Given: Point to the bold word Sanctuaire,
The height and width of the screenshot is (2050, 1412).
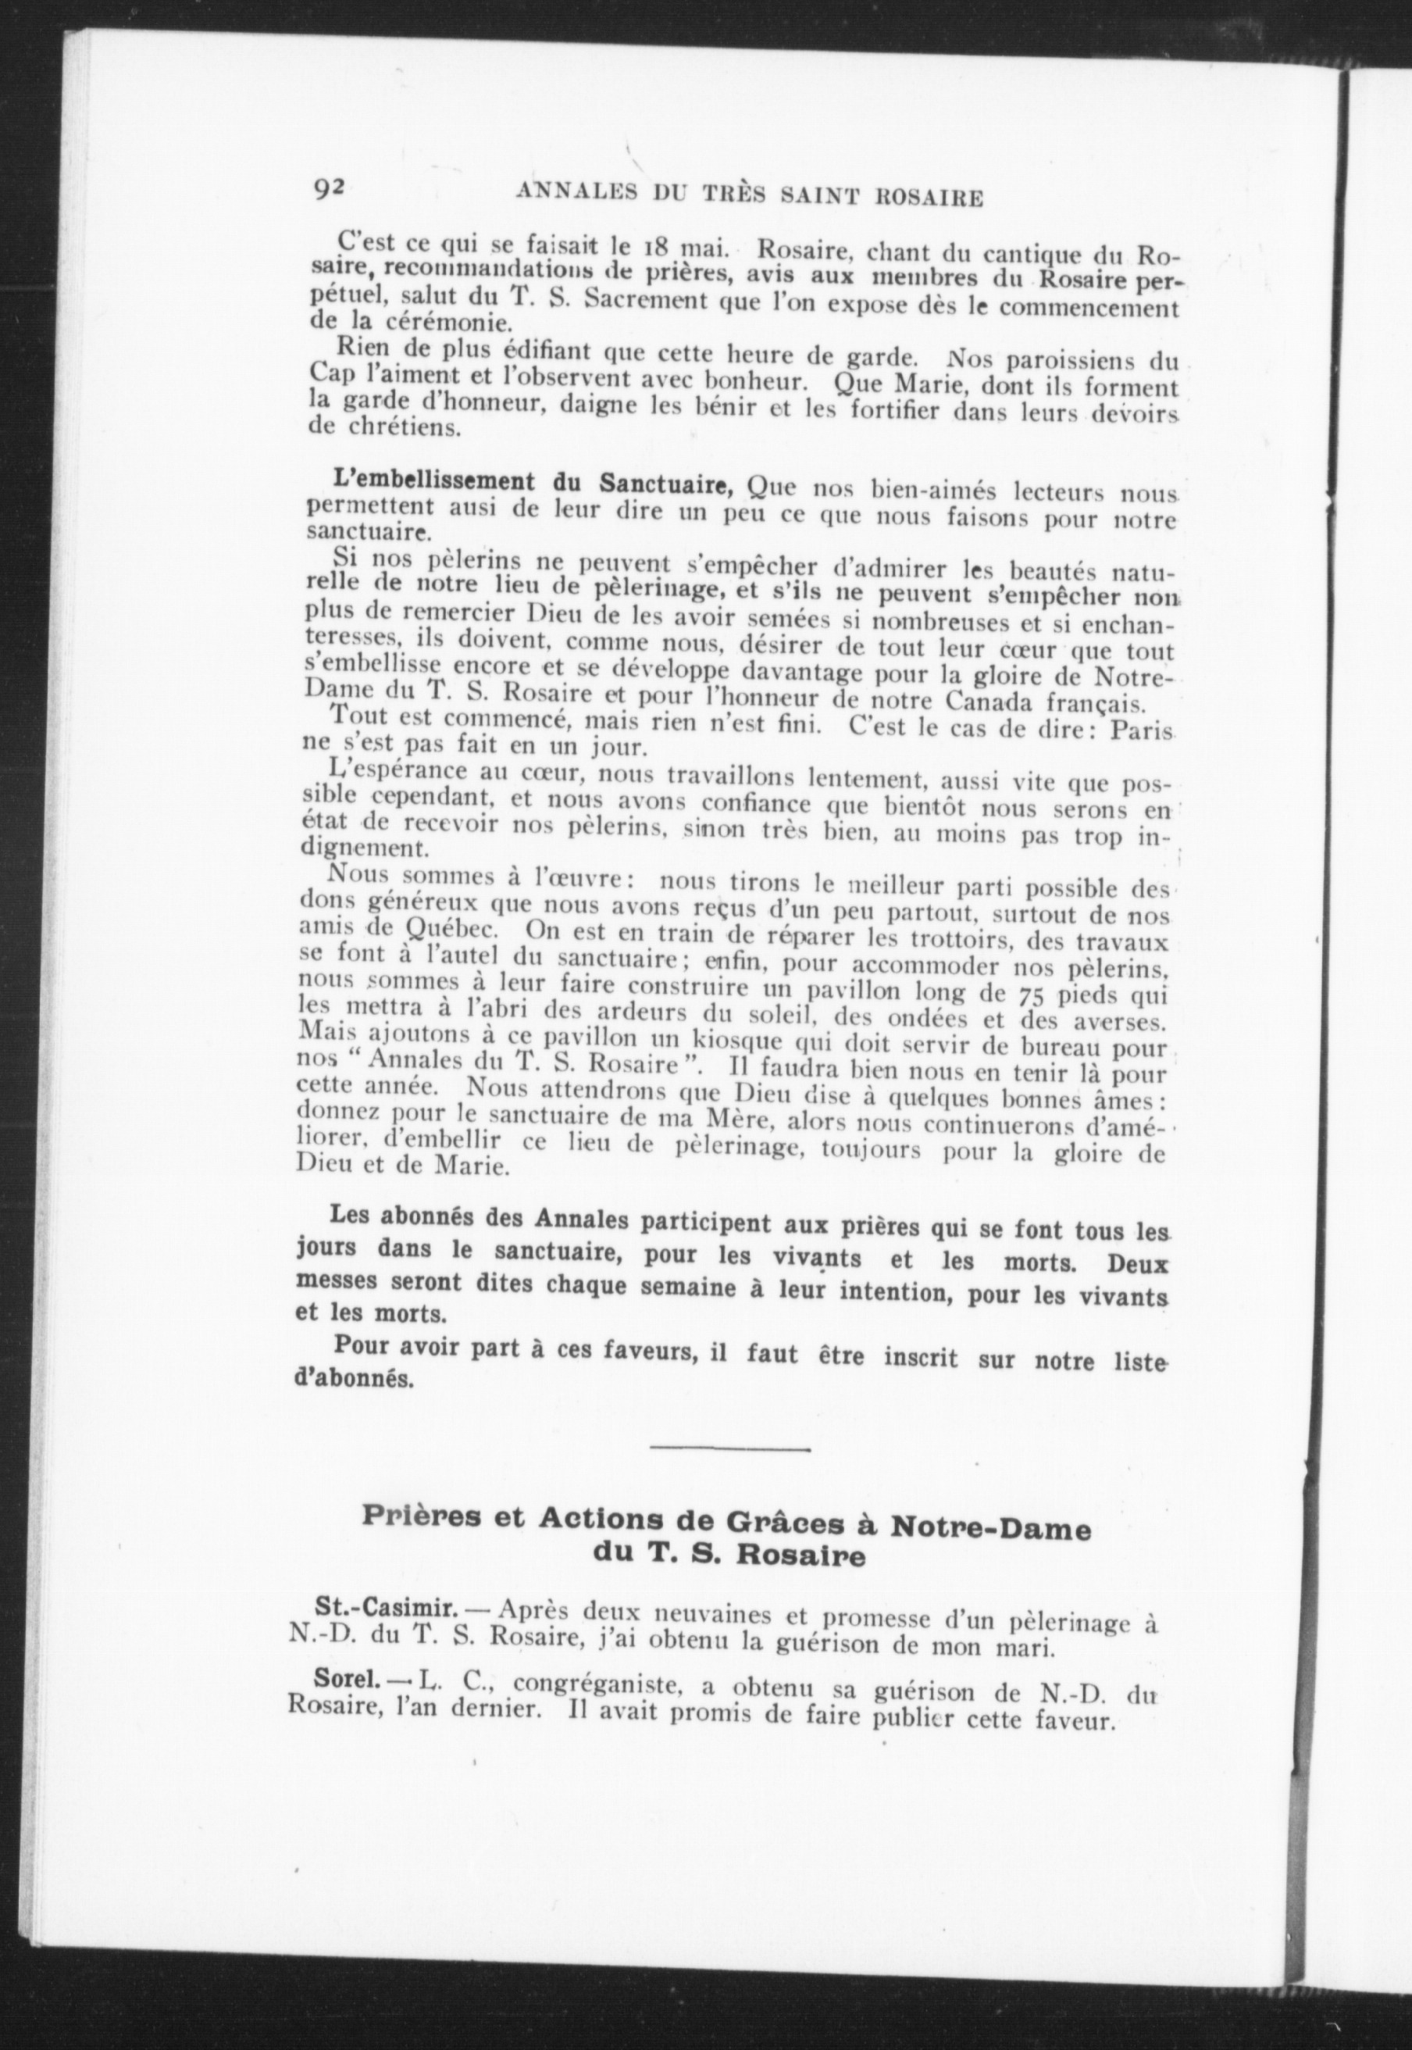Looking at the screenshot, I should (670, 485).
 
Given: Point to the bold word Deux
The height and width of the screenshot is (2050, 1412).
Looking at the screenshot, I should (1136, 1262).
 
